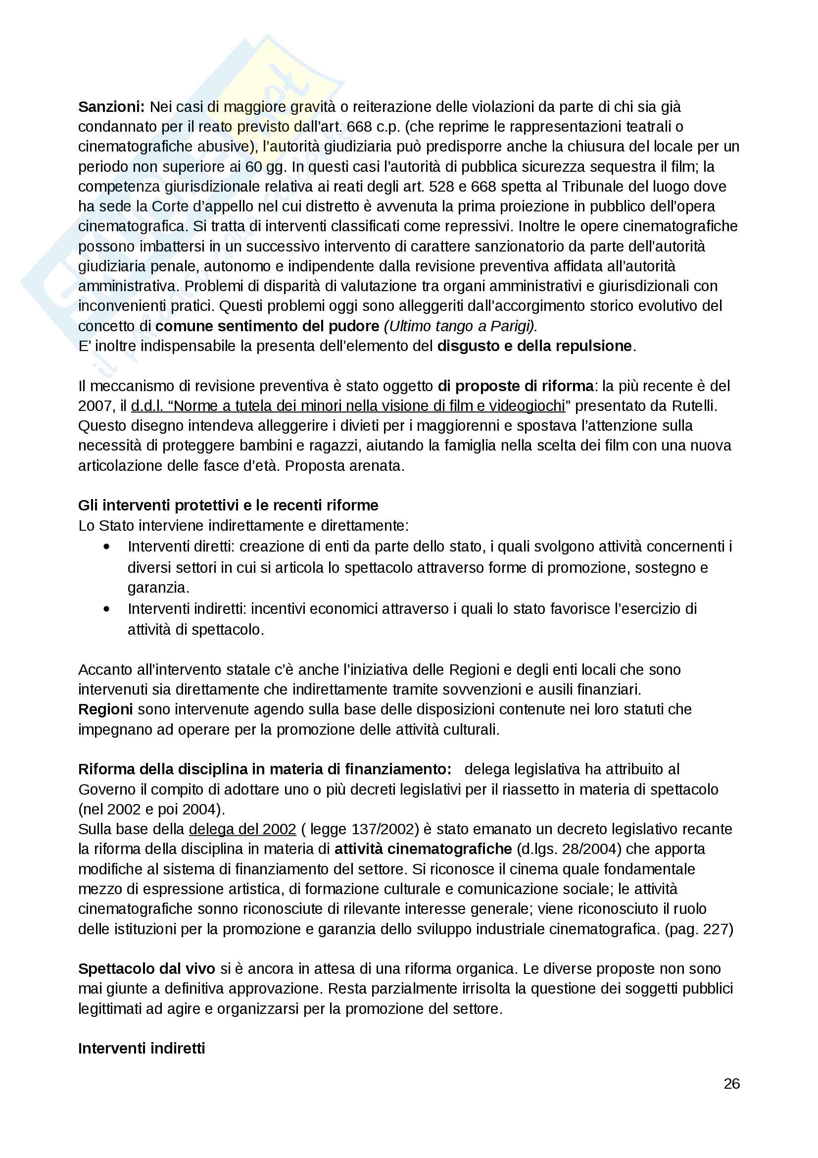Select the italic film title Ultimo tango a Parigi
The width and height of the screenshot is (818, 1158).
coord(461,326)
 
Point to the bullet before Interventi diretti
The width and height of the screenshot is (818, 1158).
coord(106,547)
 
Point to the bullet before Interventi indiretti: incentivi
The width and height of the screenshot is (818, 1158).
coord(106,609)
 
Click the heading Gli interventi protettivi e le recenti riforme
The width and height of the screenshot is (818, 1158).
coord(228,505)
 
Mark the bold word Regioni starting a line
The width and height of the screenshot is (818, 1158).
coord(105,709)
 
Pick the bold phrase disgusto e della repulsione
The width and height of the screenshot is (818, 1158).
coord(534,346)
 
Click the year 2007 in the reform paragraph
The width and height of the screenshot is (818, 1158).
coord(94,406)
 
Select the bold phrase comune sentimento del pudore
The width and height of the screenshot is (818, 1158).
coord(267,326)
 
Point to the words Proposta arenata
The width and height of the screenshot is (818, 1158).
coord(345,465)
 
